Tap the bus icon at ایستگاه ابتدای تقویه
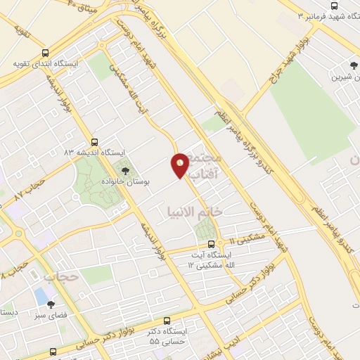click(46, 53)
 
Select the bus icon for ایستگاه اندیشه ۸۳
click(94, 141)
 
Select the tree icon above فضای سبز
click(50, 304)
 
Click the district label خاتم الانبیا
click(194, 210)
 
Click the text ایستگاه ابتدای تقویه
click(45, 64)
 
